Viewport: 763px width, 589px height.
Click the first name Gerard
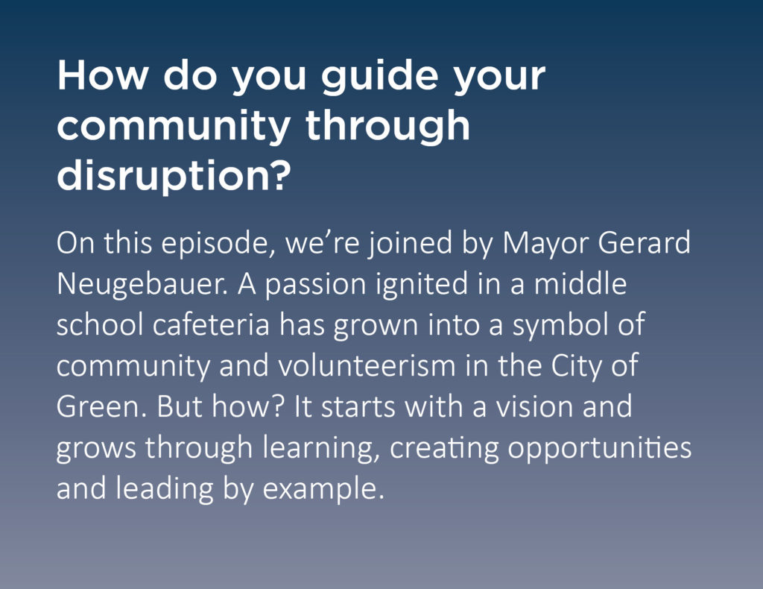point(644,242)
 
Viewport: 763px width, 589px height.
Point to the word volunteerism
point(367,366)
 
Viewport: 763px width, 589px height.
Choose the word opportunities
point(600,449)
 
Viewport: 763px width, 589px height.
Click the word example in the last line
point(323,490)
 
